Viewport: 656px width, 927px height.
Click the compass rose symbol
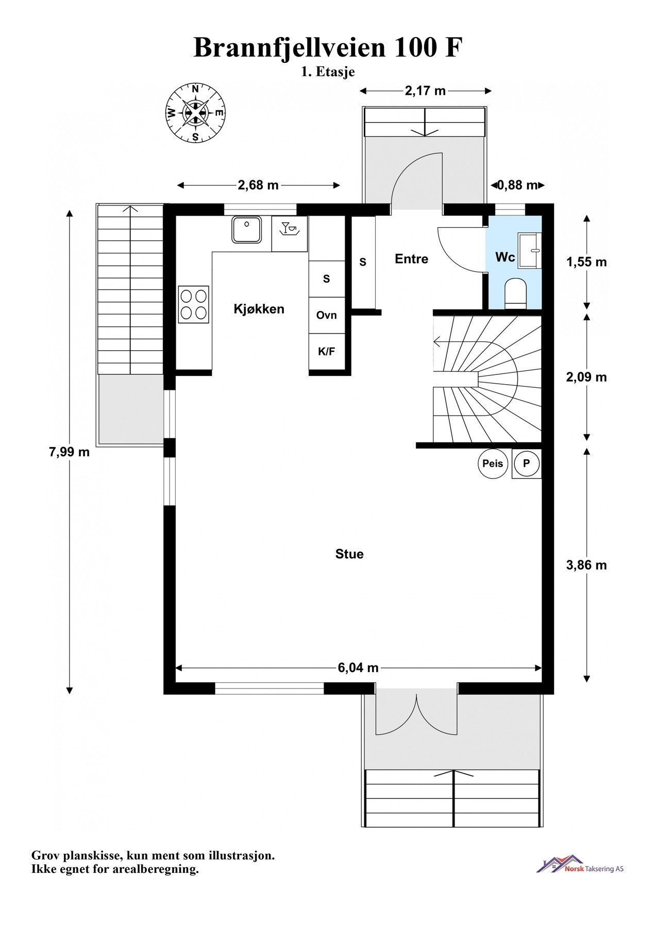pos(195,113)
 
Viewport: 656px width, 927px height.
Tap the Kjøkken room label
pos(259,309)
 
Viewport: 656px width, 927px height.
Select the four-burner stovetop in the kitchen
pos(194,304)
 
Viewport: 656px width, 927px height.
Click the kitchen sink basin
pos(247,229)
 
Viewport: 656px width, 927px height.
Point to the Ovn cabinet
pos(327,315)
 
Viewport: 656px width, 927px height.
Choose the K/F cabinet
pos(327,352)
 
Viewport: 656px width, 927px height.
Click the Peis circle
pos(493,463)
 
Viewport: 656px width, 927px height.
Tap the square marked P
pos(526,463)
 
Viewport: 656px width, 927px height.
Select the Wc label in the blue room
pos(505,257)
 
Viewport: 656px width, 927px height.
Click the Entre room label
pos(411,259)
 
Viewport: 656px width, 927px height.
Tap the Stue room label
pos(349,554)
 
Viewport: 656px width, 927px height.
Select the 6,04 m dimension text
pos(358,668)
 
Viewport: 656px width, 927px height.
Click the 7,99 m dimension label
pos(69,452)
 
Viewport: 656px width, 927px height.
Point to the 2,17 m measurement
pos(425,91)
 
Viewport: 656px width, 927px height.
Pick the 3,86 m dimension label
pos(586,565)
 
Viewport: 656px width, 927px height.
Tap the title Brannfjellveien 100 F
pos(328,48)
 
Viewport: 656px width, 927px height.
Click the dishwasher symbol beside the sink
pos(290,229)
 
